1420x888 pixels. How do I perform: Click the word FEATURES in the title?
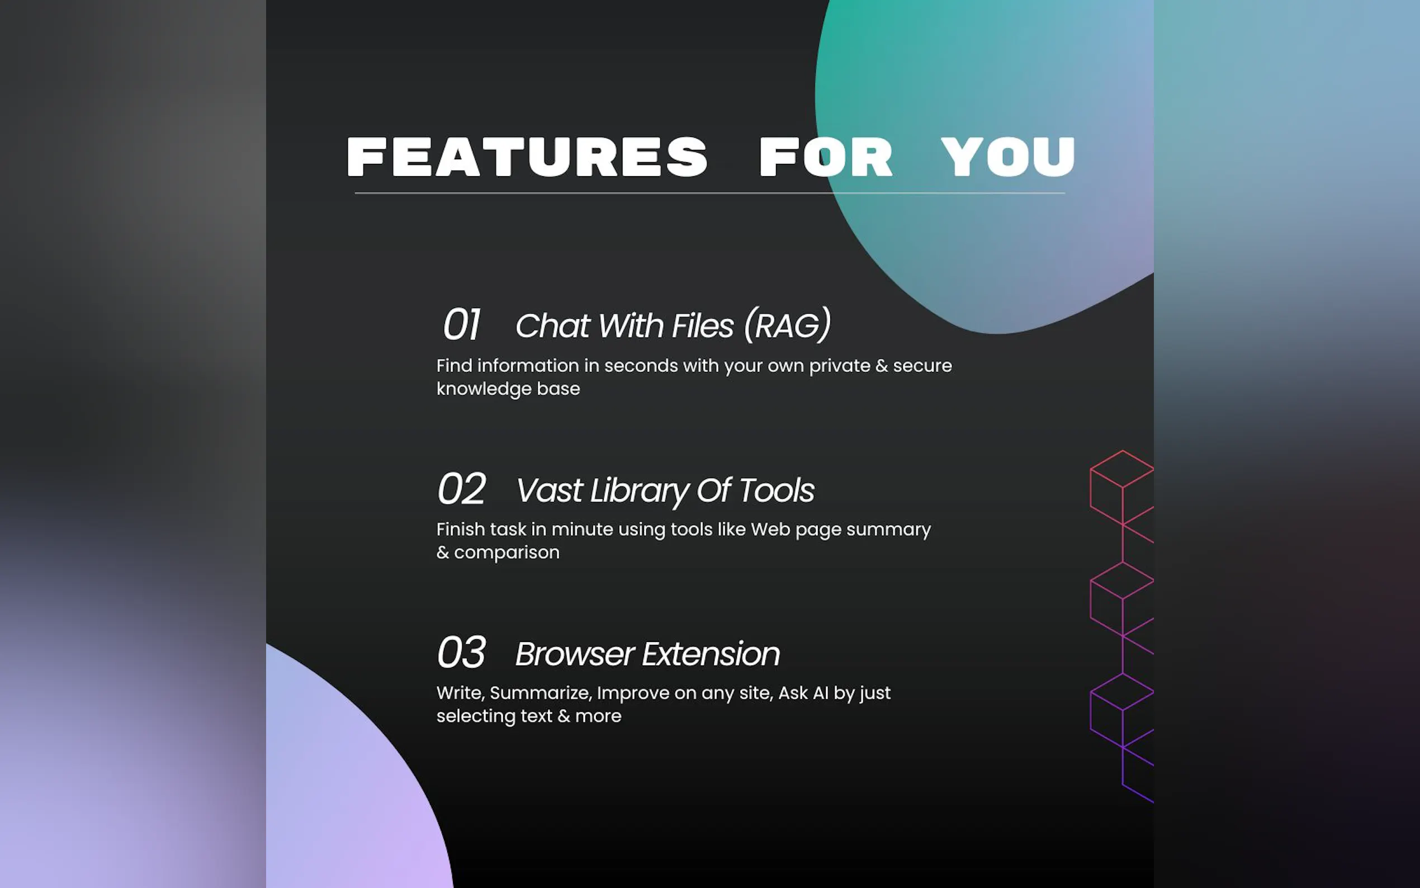point(527,157)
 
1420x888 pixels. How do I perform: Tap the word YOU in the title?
point(1008,157)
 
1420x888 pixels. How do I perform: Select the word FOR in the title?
point(826,157)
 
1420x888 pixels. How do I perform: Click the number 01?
point(461,324)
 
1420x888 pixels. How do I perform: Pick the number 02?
point(461,489)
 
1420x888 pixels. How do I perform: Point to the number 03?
point(461,653)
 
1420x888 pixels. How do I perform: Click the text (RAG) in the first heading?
point(787,325)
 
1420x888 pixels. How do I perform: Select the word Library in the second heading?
point(639,491)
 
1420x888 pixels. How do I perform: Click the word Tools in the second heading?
point(777,490)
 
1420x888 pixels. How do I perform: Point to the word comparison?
point(507,553)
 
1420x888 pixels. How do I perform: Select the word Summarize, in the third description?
point(541,693)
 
